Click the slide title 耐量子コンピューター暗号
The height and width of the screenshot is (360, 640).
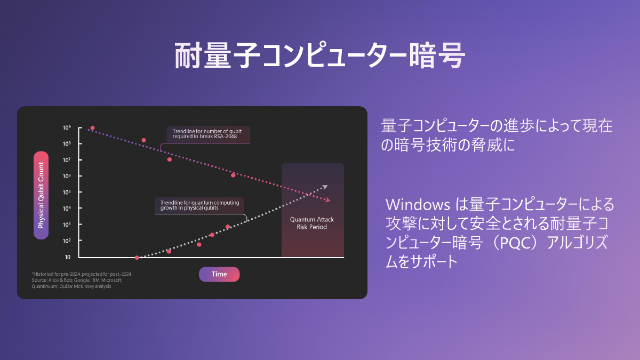(320, 56)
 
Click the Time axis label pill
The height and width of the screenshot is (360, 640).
(219, 274)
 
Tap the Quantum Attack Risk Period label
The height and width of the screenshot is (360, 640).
(312, 223)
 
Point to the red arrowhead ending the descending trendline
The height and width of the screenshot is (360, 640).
(327, 200)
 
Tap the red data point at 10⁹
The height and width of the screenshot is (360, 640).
(92, 128)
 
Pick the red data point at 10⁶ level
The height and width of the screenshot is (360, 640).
(233, 175)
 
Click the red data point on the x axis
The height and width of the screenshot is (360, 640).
(137, 258)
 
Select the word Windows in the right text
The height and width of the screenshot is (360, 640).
(415, 205)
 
